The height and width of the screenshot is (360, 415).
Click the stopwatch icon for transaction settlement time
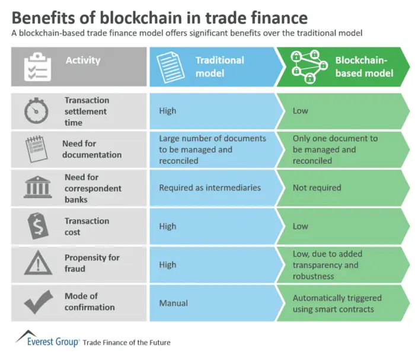click(x=36, y=111)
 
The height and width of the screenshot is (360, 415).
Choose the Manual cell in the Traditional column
click(x=173, y=303)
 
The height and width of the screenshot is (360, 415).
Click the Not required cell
click(x=317, y=187)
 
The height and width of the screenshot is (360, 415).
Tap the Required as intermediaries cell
click(x=210, y=187)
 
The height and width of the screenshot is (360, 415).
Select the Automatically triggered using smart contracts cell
click(x=337, y=303)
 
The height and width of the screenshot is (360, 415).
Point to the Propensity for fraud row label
click(x=92, y=263)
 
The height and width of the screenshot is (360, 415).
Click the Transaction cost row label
click(x=87, y=226)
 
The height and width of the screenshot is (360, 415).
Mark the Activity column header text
click(x=83, y=60)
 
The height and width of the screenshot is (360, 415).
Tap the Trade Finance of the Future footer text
click(x=127, y=342)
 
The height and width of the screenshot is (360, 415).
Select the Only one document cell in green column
click(x=335, y=149)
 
